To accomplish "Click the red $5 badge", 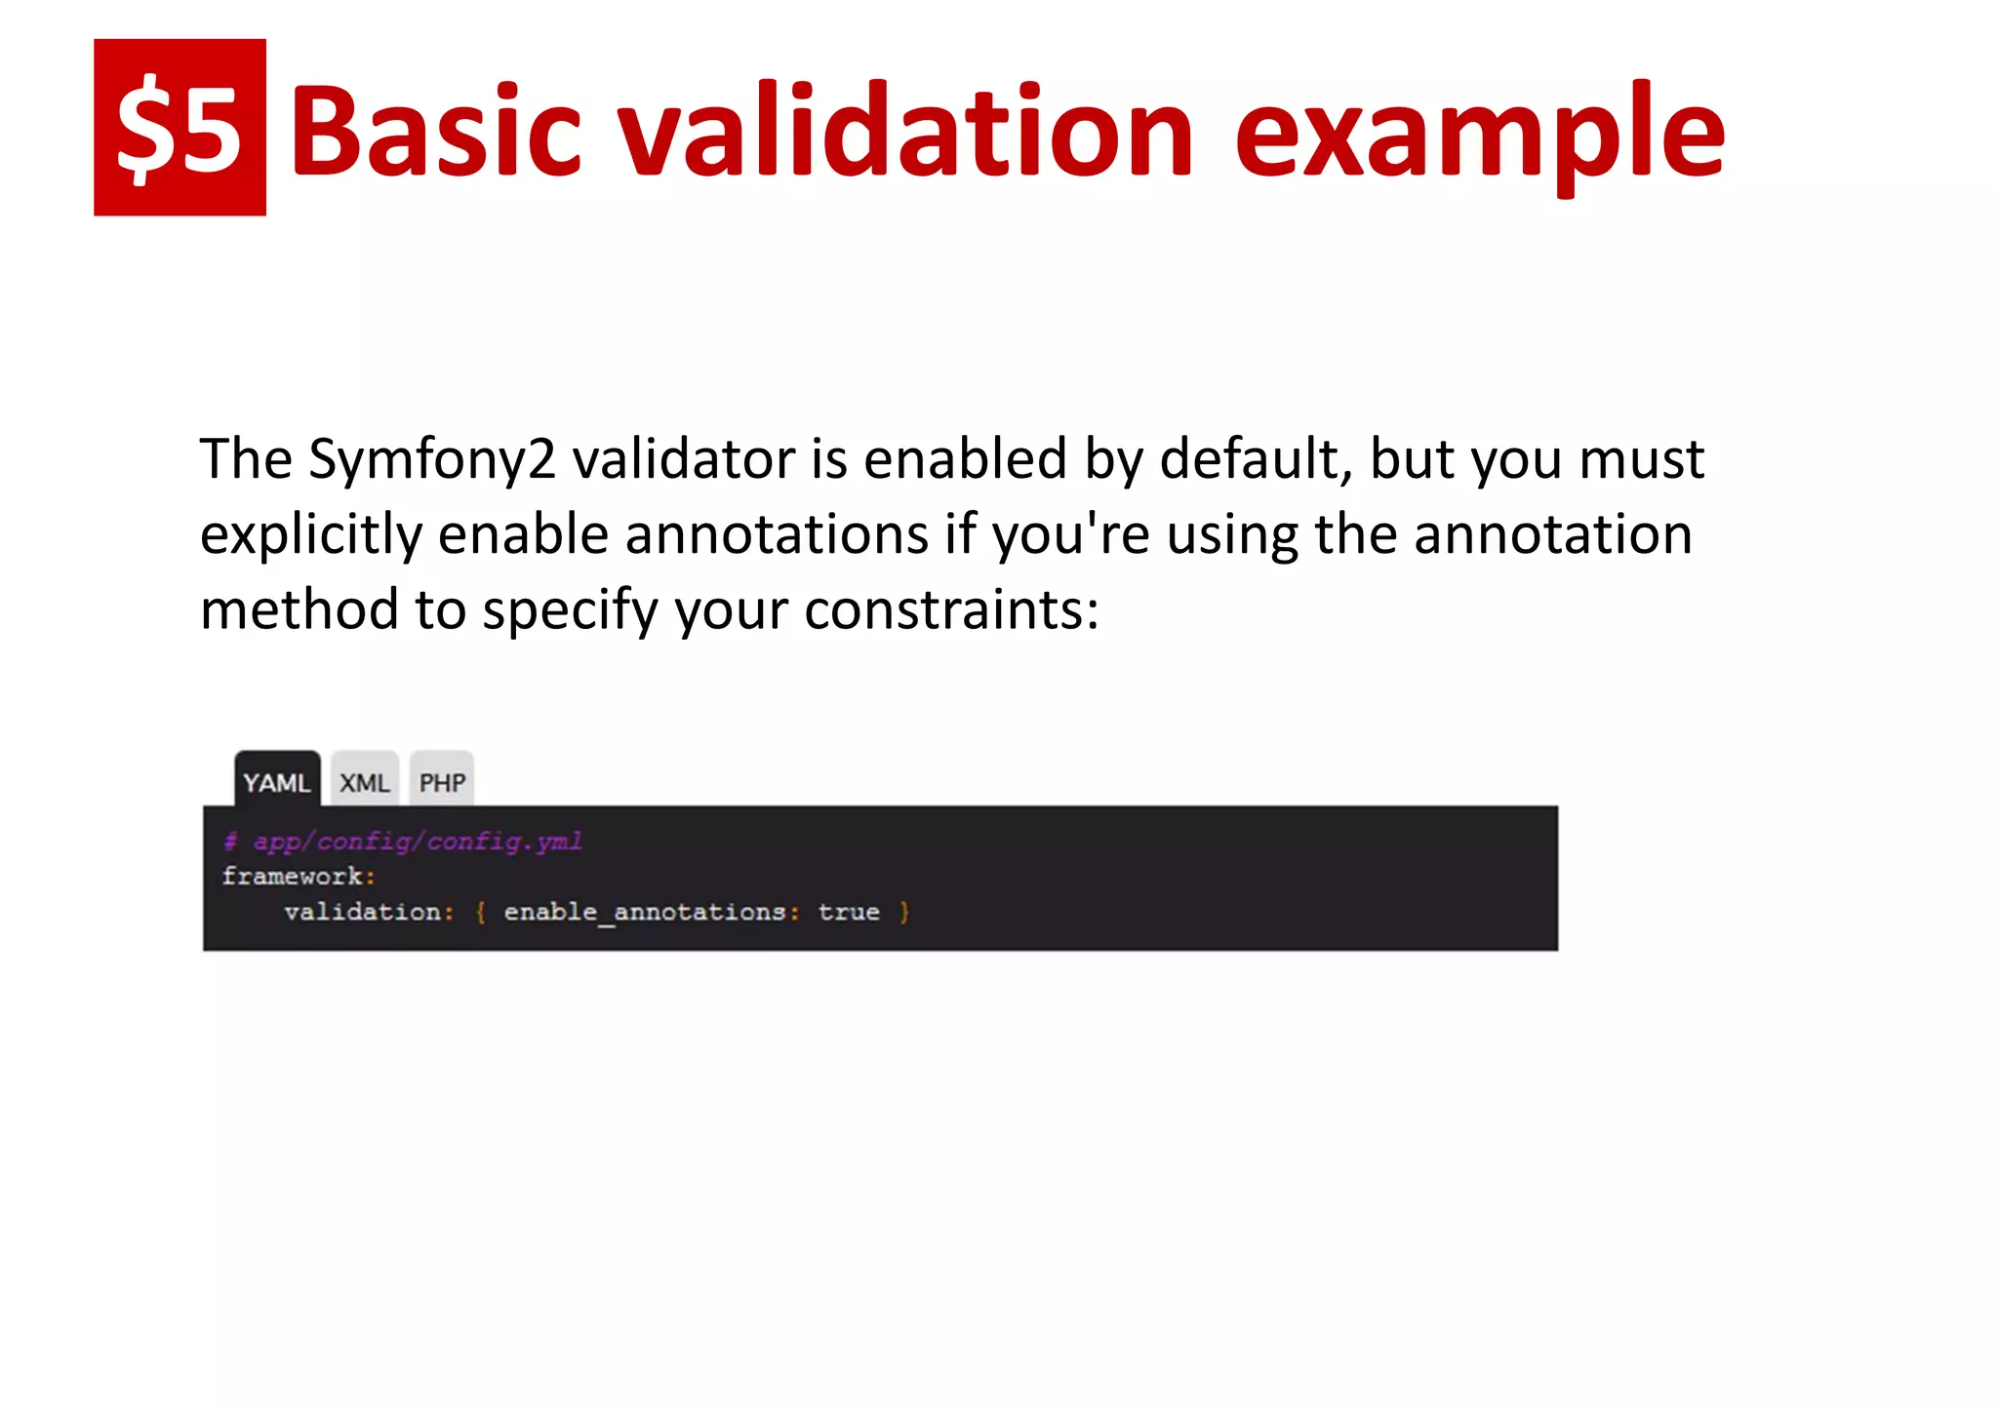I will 180,127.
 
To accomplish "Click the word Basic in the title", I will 435,132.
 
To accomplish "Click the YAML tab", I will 277,782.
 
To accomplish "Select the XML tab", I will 364,782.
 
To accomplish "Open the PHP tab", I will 442,782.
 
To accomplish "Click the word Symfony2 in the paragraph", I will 431,460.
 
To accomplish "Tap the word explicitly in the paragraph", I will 309,536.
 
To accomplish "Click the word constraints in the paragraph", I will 951,610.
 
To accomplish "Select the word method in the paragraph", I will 299,610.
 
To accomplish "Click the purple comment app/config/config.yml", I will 418,841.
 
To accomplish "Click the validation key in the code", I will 363,912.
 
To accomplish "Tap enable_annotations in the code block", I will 645,912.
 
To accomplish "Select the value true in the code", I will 849,912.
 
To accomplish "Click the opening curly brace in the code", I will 480,912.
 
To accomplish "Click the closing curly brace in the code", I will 904,912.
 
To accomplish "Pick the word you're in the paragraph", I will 1070,536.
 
